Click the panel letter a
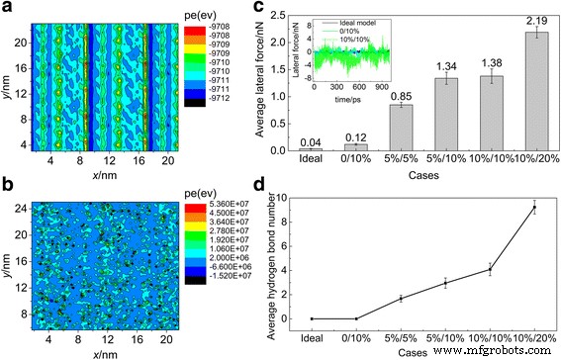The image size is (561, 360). pyautogui.click(x=7, y=9)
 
